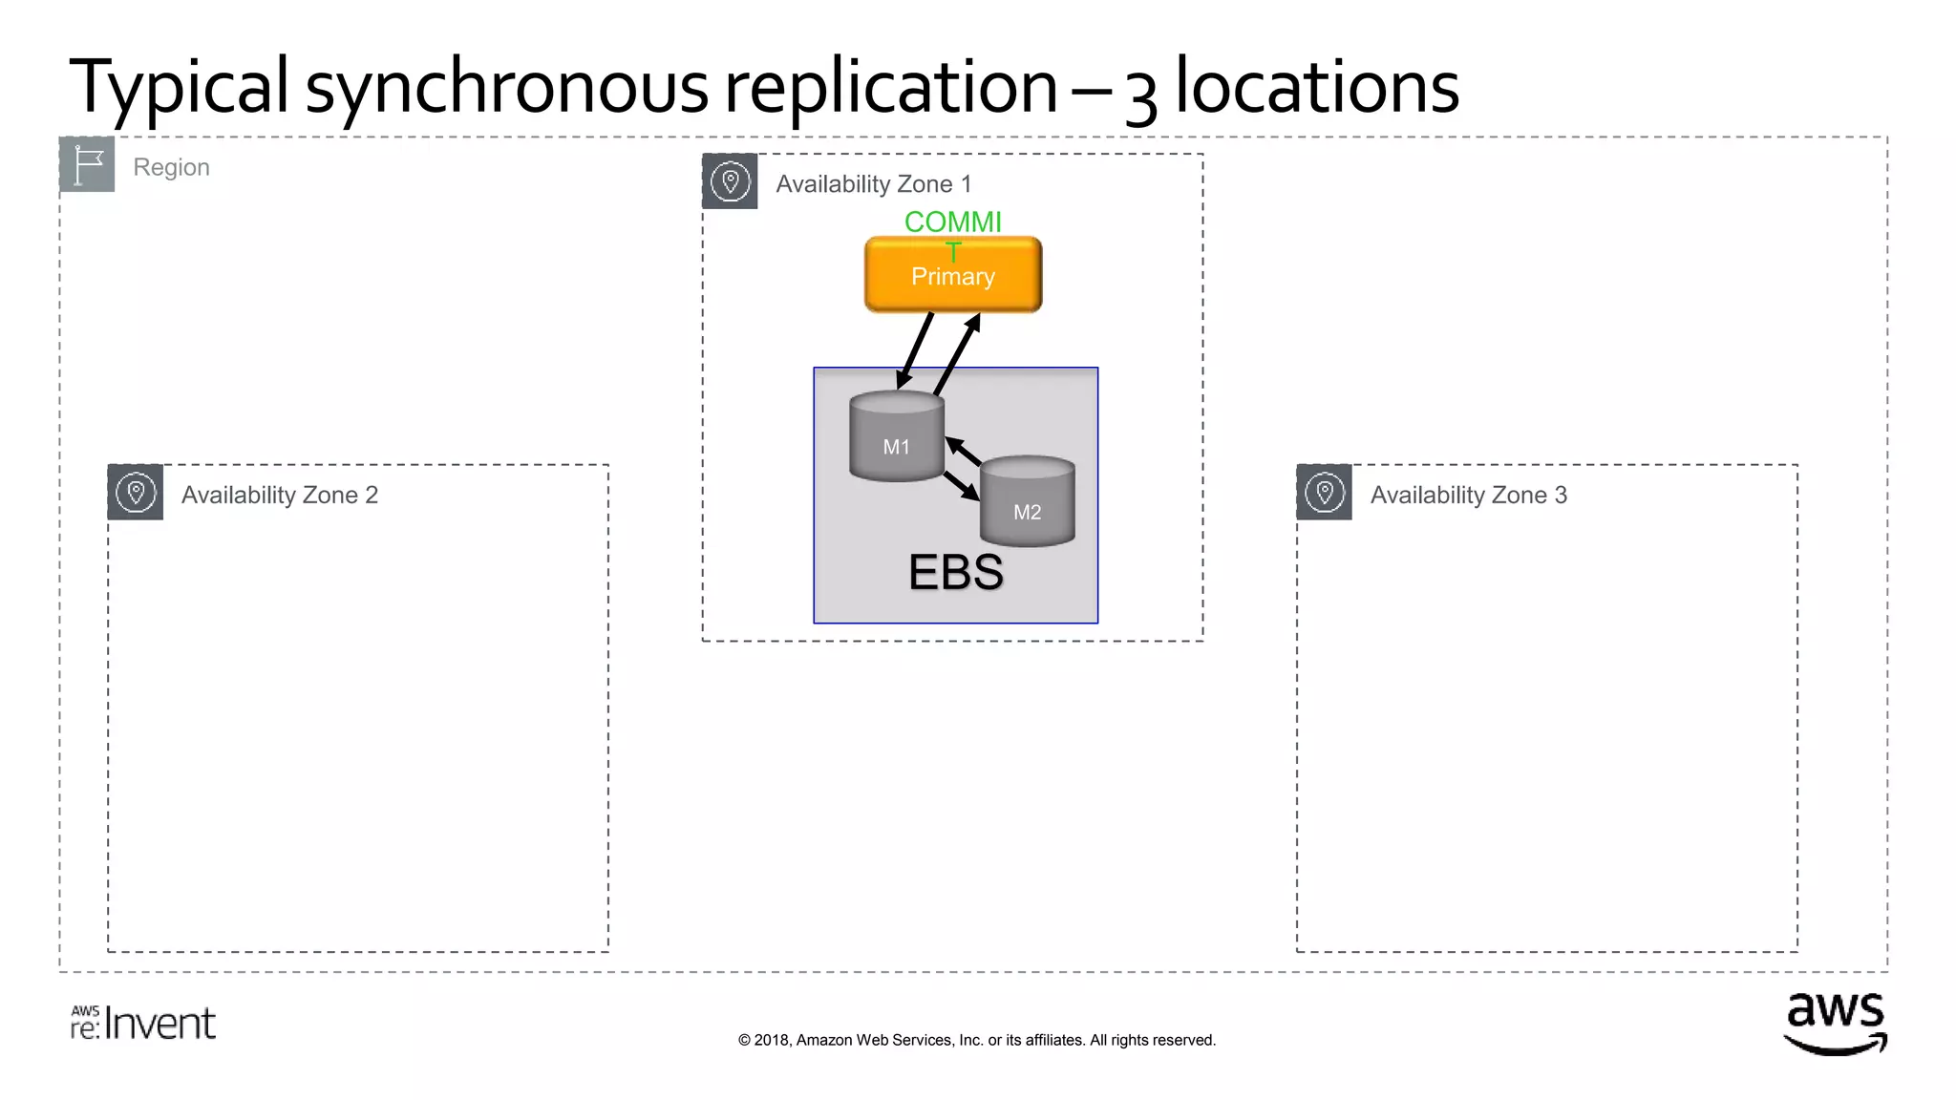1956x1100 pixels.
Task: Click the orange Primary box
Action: pyautogui.click(x=952, y=276)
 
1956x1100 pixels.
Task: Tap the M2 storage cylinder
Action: pyautogui.click(x=1027, y=502)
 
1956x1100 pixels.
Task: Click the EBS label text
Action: pyautogui.click(x=955, y=572)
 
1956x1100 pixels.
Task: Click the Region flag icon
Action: pyautogui.click(x=87, y=164)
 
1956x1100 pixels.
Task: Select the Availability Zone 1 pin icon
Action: pyautogui.click(x=730, y=181)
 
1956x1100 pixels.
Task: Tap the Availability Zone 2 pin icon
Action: pyautogui.click(x=136, y=493)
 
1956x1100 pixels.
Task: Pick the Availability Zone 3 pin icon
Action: pyautogui.click(x=1324, y=493)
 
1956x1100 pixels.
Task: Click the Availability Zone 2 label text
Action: pyautogui.click(x=280, y=495)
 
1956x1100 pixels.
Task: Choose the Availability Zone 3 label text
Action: pyautogui.click(x=1468, y=495)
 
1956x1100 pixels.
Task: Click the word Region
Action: pyautogui.click(x=171, y=167)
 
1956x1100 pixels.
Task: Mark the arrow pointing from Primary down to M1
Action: pyautogui.click(x=914, y=350)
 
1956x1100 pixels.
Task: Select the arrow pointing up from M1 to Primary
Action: pyautogui.click(x=957, y=353)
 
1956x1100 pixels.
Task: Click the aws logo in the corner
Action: pyautogui.click(x=1835, y=1024)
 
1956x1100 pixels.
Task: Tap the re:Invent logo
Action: pyautogui.click(x=143, y=1023)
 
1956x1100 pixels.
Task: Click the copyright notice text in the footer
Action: pyautogui.click(x=976, y=1040)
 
